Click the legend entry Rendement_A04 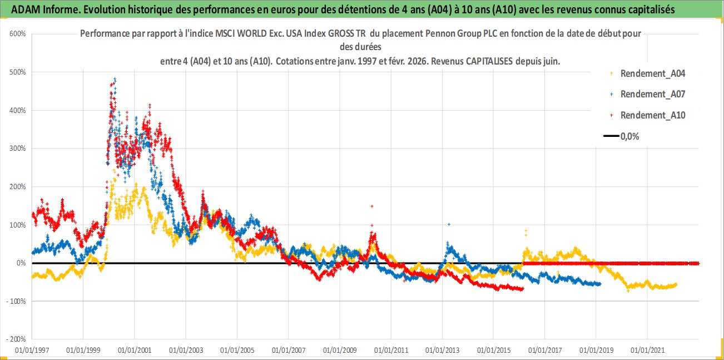(653, 73)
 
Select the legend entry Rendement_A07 (653, 94)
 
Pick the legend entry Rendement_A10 (653, 115)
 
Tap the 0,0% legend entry (629, 136)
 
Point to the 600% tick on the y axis (18, 34)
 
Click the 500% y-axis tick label (18, 72)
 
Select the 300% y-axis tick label (18, 149)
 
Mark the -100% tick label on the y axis (17, 301)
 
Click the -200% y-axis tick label (17, 339)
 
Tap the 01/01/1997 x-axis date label (32, 350)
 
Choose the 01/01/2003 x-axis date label (185, 350)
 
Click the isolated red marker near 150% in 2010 (371, 206)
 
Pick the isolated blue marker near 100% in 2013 (449, 224)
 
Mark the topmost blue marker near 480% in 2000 (115, 79)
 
